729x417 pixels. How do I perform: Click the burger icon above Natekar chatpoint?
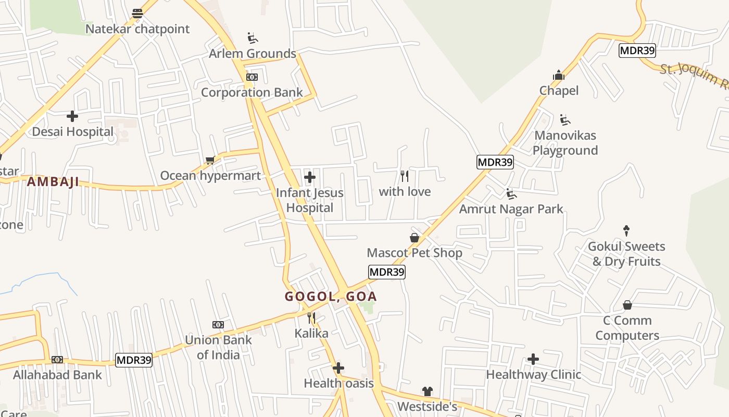click(137, 14)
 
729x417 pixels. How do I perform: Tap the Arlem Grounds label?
click(253, 54)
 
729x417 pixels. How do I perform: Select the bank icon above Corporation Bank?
click(252, 77)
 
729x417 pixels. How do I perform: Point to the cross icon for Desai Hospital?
click(72, 116)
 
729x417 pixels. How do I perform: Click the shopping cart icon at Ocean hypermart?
click(210, 160)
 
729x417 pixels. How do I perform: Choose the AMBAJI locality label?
click(53, 182)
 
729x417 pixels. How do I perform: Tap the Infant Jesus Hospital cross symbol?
click(310, 177)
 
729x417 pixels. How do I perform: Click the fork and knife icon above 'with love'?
click(404, 176)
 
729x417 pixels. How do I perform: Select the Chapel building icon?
click(559, 76)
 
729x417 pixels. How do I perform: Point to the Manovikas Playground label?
click(565, 143)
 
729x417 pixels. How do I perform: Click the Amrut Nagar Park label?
click(511, 209)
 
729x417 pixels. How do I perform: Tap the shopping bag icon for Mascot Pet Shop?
click(414, 238)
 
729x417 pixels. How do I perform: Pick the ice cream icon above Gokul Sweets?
click(626, 231)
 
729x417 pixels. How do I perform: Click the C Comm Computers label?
click(627, 328)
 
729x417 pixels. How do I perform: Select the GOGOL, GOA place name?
click(331, 297)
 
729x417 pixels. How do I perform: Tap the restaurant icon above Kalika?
click(311, 318)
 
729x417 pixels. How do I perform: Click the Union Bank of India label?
click(218, 347)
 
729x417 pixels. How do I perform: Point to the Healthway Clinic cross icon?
click(533, 359)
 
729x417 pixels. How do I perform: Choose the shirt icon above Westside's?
click(428, 391)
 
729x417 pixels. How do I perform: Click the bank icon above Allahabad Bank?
click(57, 360)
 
